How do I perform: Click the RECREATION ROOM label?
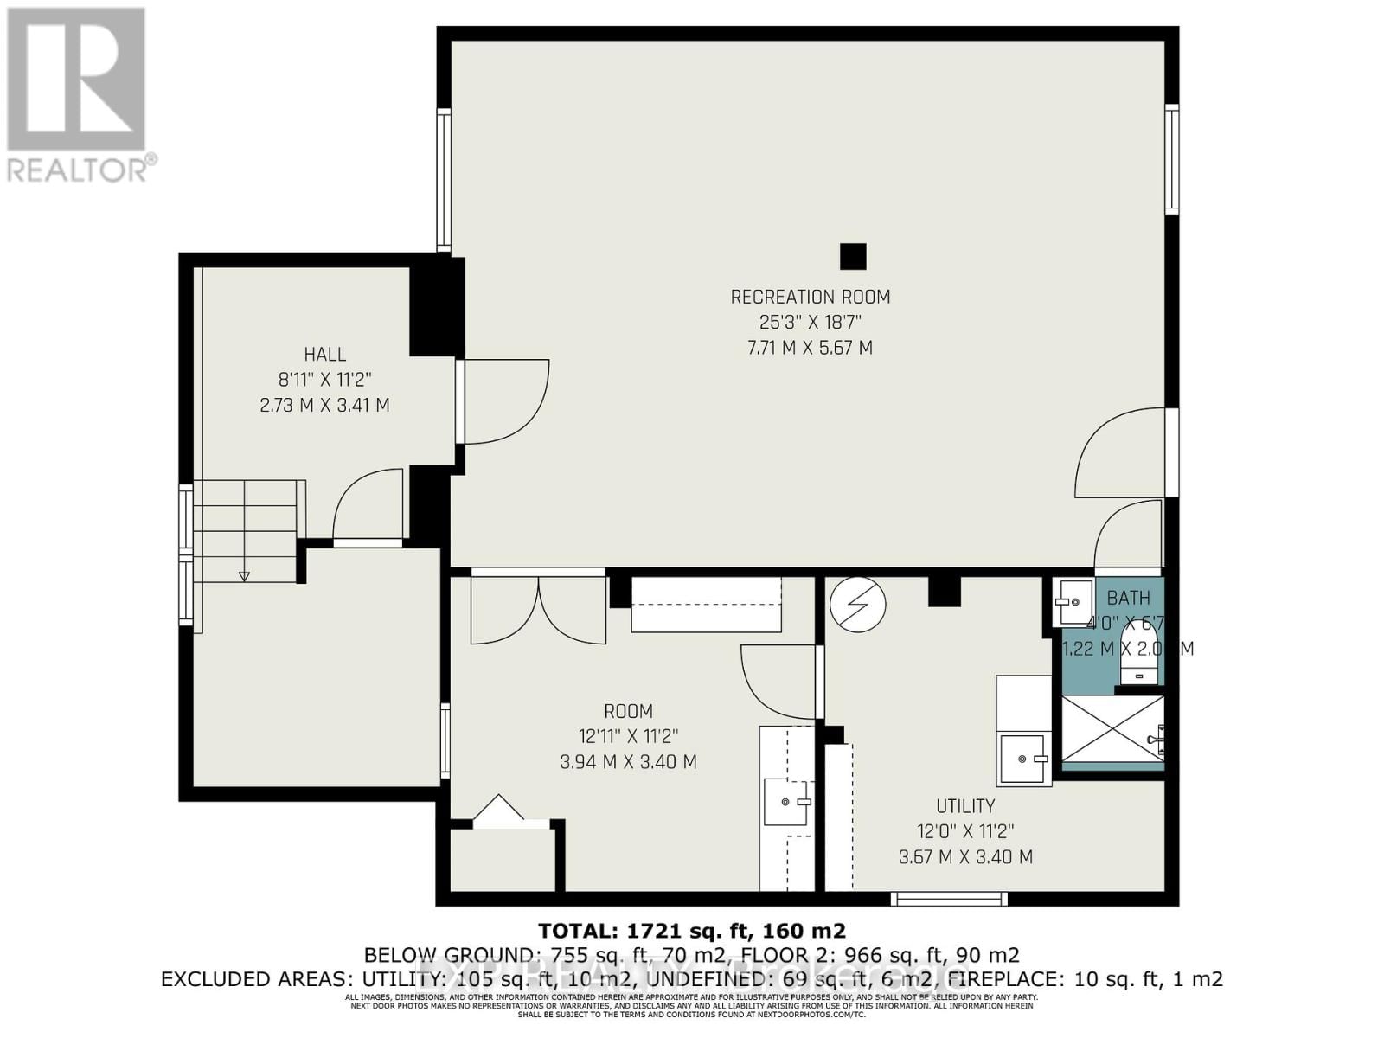[x=810, y=297]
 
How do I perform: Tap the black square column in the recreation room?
[x=853, y=256]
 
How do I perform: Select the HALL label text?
[x=324, y=354]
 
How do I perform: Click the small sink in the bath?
[x=1073, y=601]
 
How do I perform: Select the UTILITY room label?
[x=964, y=806]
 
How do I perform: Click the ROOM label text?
[x=628, y=711]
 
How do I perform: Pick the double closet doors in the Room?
[x=538, y=610]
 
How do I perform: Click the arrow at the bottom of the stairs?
[x=244, y=574]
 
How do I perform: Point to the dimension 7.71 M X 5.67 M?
[x=810, y=348]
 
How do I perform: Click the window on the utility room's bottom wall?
[x=949, y=899]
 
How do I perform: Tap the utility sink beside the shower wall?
[x=1024, y=759]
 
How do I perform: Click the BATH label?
[x=1128, y=598]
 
